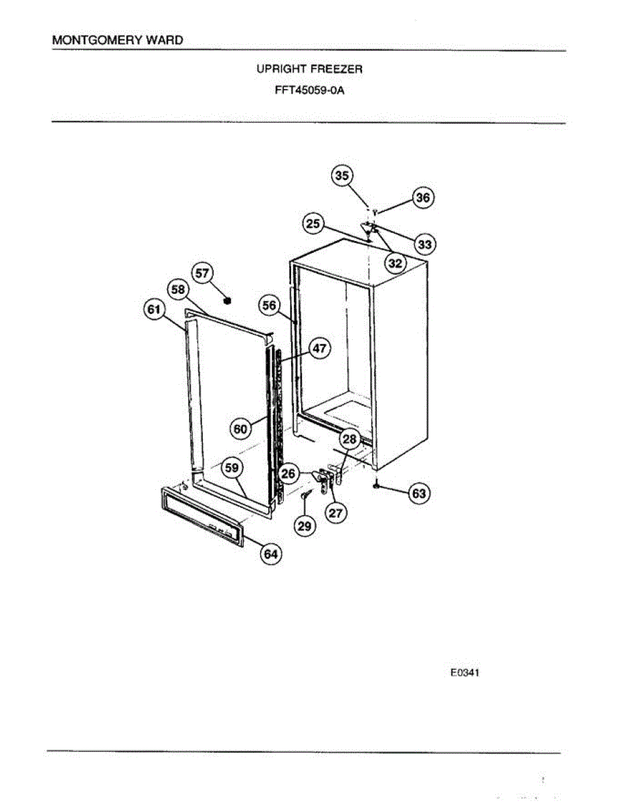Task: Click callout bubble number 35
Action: click(342, 176)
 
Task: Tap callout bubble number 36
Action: click(423, 198)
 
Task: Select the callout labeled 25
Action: click(313, 224)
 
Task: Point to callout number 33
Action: click(425, 244)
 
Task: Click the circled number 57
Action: click(202, 273)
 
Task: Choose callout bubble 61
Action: click(154, 309)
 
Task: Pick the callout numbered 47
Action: click(320, 349)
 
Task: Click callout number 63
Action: click(419, 495)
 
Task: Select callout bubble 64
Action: click(271, 554)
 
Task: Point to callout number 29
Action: click(304, 527)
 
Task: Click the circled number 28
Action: click(349, 439)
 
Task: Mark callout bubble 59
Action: click(232, 468)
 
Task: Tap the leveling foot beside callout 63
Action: click(378, 485)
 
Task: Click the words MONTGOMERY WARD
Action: click(117, 40)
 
